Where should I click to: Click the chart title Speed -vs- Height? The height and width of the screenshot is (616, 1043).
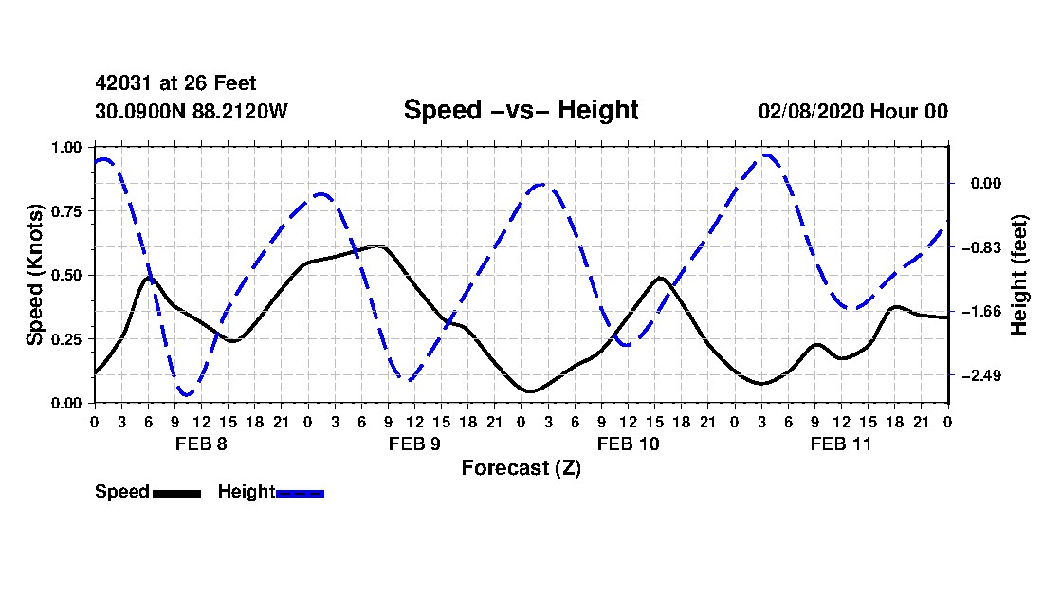(521, 110)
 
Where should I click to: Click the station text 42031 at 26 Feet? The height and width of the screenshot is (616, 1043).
(175, 84)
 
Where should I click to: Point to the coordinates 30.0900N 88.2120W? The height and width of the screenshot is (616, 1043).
(191, 111)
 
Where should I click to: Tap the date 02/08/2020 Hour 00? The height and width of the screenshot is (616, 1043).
(852, 111)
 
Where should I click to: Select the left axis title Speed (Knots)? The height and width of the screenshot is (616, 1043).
(35, 275)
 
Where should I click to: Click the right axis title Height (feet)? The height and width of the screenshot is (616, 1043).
(1019, 275)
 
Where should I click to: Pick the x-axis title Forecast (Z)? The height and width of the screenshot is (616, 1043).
(521, 468)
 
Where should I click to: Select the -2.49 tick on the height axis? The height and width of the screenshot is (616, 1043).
(981, 376)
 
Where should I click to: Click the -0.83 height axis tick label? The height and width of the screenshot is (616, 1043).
(981, 247)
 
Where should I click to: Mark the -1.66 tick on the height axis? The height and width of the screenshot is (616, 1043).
(981, 312)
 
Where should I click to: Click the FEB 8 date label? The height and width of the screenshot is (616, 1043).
(200, 444)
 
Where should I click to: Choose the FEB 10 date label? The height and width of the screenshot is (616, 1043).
(628, 444)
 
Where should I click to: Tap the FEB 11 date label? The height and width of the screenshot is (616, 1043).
(841, 444)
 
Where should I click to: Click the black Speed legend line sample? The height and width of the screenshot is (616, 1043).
(176, 493)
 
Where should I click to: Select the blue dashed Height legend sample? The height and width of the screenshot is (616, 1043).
(301, 493)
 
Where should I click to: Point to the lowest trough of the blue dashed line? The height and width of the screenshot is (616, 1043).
(186, 394)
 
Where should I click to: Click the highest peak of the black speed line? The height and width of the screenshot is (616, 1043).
(378, 246)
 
